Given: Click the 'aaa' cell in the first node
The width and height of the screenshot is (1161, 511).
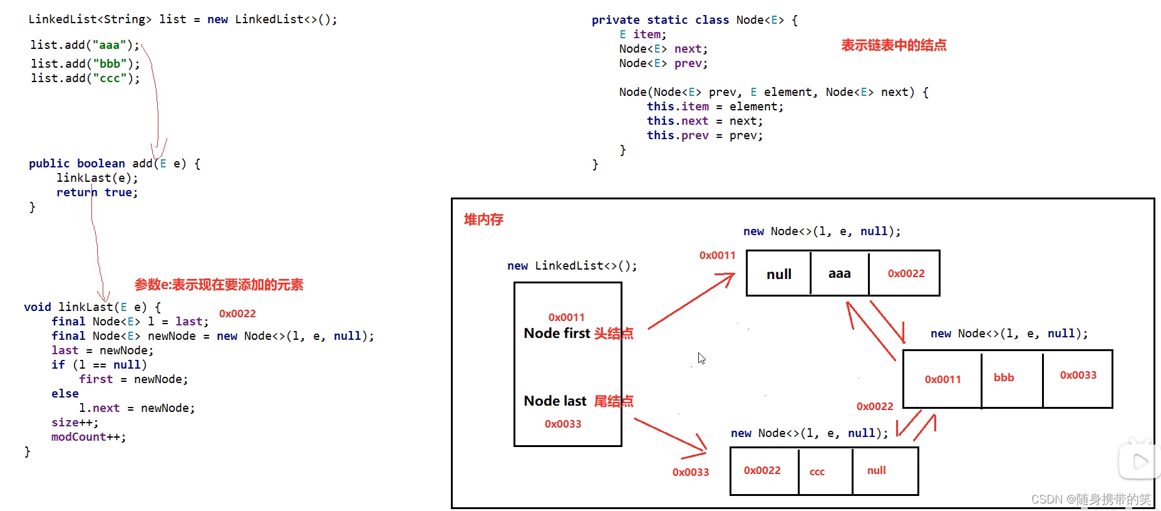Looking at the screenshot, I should click(839, 273).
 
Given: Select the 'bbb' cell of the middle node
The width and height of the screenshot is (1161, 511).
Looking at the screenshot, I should click(1004, 377).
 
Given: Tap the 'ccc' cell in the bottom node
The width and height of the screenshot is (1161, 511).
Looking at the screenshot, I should click(817, 471).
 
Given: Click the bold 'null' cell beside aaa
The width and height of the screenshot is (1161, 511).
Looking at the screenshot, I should click(779, 274).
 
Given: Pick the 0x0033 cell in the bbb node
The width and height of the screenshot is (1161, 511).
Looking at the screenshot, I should click(1078, 375).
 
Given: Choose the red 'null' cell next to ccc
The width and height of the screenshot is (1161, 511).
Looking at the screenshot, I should click(876, 470).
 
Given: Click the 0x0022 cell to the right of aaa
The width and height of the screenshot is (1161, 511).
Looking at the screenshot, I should click(906, 273).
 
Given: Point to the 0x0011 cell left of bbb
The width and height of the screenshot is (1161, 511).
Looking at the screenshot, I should click(942, 379).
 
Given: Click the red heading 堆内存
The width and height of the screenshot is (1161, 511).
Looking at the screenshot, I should click(483, 219).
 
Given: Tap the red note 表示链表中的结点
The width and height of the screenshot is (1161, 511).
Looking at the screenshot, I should click(894, 45).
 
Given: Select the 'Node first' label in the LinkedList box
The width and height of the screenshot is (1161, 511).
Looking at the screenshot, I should click(557, 333).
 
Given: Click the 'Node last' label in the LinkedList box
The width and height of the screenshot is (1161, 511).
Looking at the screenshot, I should click(555, 401).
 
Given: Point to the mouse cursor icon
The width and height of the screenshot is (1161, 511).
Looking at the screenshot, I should click(701, 358).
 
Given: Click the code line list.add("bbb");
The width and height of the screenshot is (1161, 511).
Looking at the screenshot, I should click(85, 63).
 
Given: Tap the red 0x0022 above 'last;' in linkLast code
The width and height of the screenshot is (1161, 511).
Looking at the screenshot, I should click(237, 313).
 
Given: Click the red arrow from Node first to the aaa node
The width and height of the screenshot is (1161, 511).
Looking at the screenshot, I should click(691, 301).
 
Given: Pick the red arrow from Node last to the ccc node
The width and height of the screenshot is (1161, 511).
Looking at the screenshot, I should click(671, 435).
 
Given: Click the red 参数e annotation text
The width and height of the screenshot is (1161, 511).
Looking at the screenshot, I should click(219, 285).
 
